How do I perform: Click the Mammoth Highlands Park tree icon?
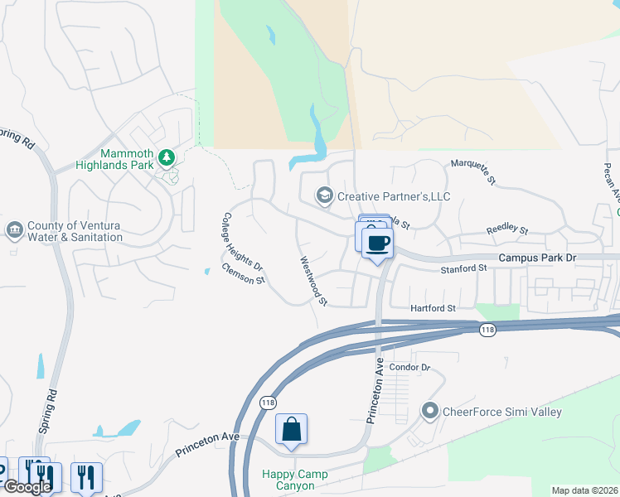(x=167, y=157)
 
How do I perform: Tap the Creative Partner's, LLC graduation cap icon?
(x=324, y=195)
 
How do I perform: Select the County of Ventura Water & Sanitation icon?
(x=14, y=229)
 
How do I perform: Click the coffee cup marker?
(x=378, y=243)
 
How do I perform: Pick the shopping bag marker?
(x=291, y=429)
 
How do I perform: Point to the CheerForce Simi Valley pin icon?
(x=429, y=411)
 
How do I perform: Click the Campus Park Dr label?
(x=537, y=258)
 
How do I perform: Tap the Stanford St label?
(x=463, y=269)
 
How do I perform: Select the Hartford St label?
(x=434, y=308)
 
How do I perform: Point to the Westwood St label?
(x=313, y=280)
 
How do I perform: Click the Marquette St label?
(x=473, y=170)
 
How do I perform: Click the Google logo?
(x=27, y=487)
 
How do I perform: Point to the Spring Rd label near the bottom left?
(x=47, y=411)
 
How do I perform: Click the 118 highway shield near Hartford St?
(x=487, y=330)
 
